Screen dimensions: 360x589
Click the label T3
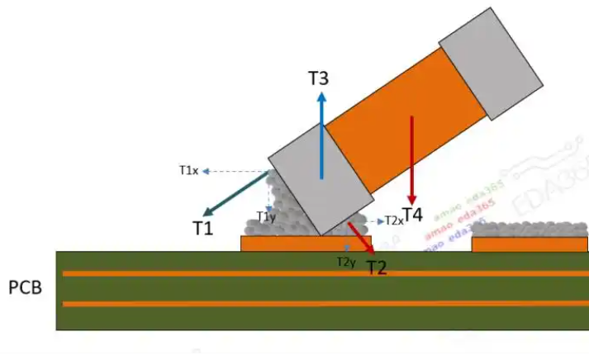tap(319, 79)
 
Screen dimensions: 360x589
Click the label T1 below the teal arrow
tap(204, 228)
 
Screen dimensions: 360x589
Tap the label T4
tap(412, 215)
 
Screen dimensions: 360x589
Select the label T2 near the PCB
tap(378, 267)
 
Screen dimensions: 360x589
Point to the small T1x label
tap(188, 170)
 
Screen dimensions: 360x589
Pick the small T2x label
tap(393, 221)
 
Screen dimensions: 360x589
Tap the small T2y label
tap(346, 262)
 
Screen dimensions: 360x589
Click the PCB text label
tap(25, 288)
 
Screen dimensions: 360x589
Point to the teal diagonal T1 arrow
tap(235, 192)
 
